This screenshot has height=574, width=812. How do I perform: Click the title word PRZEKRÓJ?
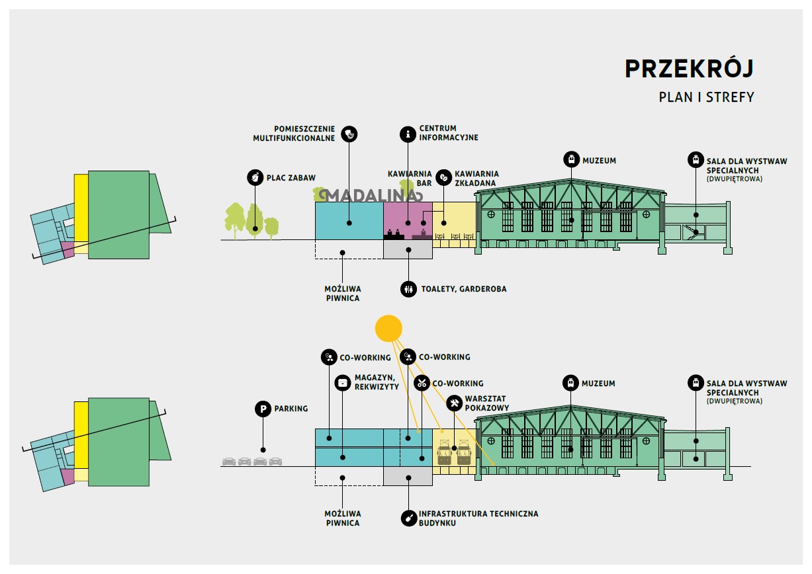[689, 69]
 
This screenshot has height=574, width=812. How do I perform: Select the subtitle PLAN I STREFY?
[706, 97]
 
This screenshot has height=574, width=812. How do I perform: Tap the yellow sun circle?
[388, 328]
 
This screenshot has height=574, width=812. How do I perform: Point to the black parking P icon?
[263, 409]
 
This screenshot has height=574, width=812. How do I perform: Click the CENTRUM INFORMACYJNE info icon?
[408, 134]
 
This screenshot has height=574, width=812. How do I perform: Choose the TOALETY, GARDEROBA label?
[463, 289]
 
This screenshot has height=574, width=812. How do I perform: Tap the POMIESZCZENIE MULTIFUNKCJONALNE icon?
[349, 134]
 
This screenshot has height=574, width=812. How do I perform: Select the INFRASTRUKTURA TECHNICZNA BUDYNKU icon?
[408, 518]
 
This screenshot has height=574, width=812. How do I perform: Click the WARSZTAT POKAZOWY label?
[487, 403]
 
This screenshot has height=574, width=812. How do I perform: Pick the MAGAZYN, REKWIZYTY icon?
[342, 382]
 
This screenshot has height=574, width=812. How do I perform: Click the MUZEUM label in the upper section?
[599, 160]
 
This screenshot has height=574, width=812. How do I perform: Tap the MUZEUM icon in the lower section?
[570, 383]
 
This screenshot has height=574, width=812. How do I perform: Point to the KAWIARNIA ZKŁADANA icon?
[444, 177]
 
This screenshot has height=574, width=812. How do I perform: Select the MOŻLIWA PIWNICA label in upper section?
[343, 294]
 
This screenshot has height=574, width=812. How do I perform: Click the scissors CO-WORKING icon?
[422, 383]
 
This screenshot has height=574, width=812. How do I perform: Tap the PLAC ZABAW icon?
[254, 177]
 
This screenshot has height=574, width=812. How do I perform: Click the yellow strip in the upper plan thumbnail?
[81, 208]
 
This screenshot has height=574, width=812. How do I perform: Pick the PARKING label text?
[291, 409]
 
